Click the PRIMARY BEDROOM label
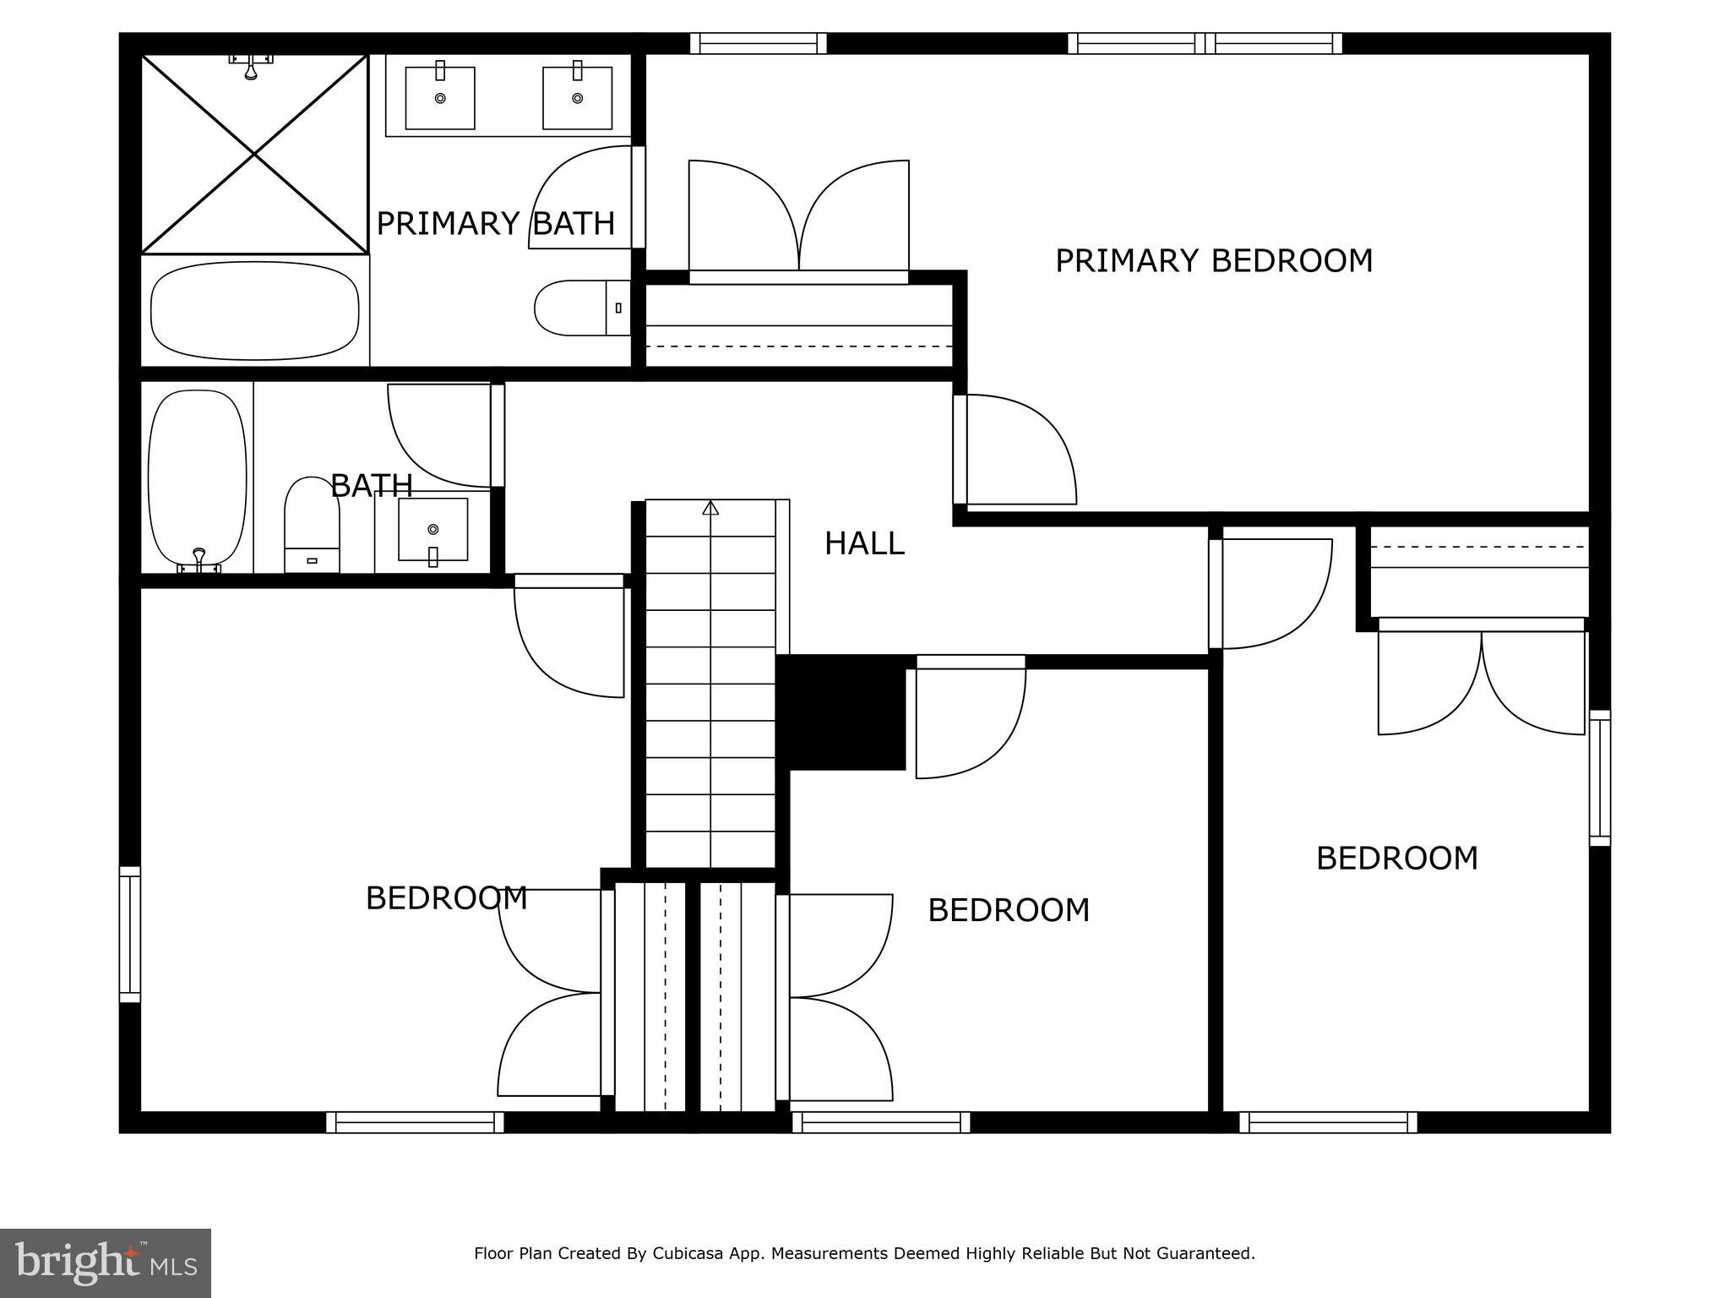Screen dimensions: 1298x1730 1214,260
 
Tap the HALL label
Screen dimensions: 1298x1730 864,543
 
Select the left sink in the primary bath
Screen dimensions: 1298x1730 440,98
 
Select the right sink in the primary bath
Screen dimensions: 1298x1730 577,98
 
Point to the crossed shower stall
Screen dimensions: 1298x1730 254,154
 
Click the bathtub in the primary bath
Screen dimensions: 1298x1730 254,310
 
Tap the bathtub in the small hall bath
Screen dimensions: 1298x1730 198,478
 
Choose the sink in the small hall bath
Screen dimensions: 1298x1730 432,530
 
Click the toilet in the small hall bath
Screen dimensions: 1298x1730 312,524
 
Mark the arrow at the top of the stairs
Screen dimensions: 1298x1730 710,508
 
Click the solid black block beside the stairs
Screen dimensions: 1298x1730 841,712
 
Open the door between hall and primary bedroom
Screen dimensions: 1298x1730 1018,450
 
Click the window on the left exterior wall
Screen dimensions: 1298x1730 130,934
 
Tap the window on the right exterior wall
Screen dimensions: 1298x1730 1599,777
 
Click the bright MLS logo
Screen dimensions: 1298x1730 106,1263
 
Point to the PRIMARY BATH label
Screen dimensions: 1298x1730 495,224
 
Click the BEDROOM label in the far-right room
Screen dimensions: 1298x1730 1397,859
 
